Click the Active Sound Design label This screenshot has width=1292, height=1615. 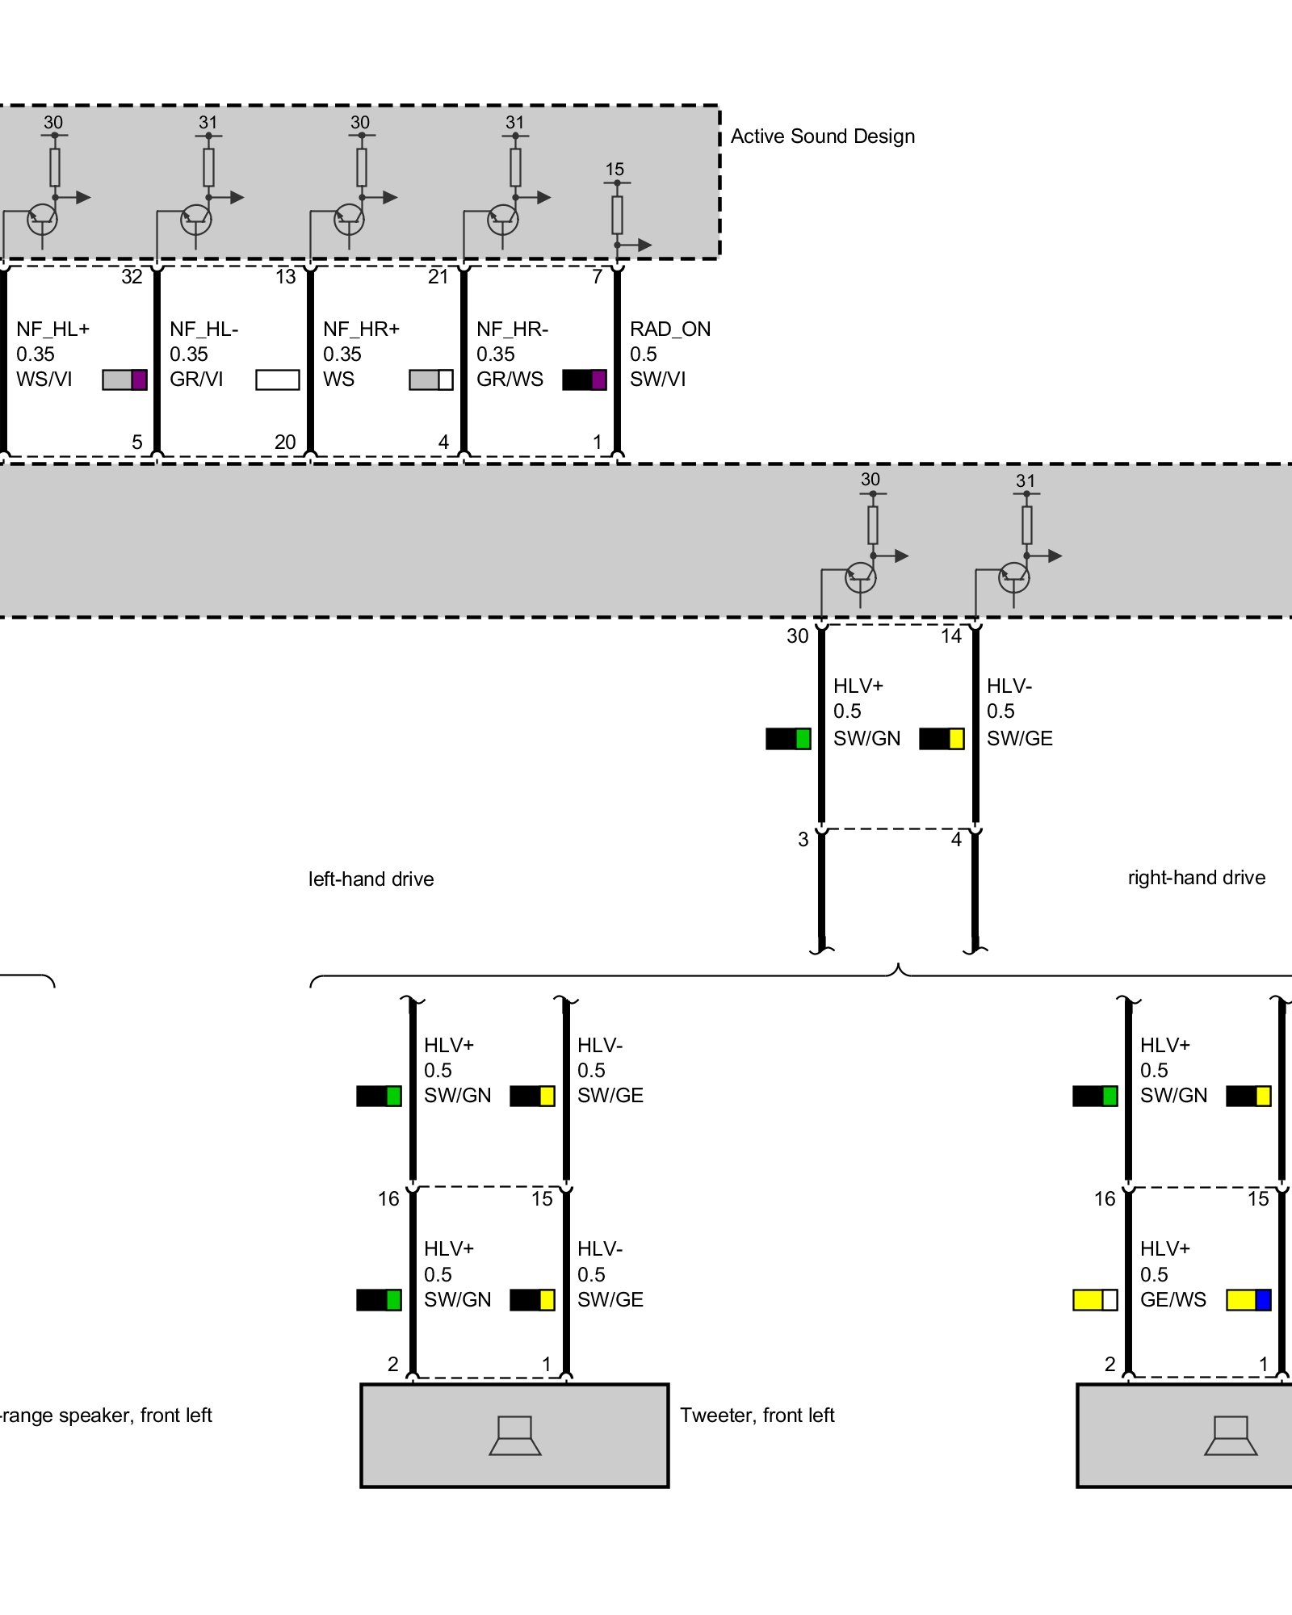pos(822,136)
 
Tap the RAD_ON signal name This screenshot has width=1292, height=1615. pos(669,329)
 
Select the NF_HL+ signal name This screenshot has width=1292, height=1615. pos(52,329)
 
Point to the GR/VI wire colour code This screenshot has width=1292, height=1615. pos(196,380)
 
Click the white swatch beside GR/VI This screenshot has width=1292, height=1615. pos(277,380)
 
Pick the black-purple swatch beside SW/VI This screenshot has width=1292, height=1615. pos(584,380)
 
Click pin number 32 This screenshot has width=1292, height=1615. pos(132,277)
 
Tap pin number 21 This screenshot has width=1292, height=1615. pos(438,277)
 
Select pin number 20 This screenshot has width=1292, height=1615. pos(285,443)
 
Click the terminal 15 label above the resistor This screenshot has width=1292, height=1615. pos(615,170)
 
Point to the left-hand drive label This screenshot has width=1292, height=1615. pos(371,879)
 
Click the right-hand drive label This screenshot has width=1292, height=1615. pos(1196,878)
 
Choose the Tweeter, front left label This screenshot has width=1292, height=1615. pos(757,1416)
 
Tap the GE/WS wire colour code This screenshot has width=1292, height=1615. pos(1172,1300)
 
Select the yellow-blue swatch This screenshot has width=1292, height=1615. pos(1248,1300)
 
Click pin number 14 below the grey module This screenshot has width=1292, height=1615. pos(950,636)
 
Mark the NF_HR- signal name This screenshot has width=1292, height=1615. pos(512,329)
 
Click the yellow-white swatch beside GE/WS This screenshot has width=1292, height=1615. pos(1095,1300)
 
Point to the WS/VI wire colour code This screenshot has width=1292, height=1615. pos(44,380)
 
